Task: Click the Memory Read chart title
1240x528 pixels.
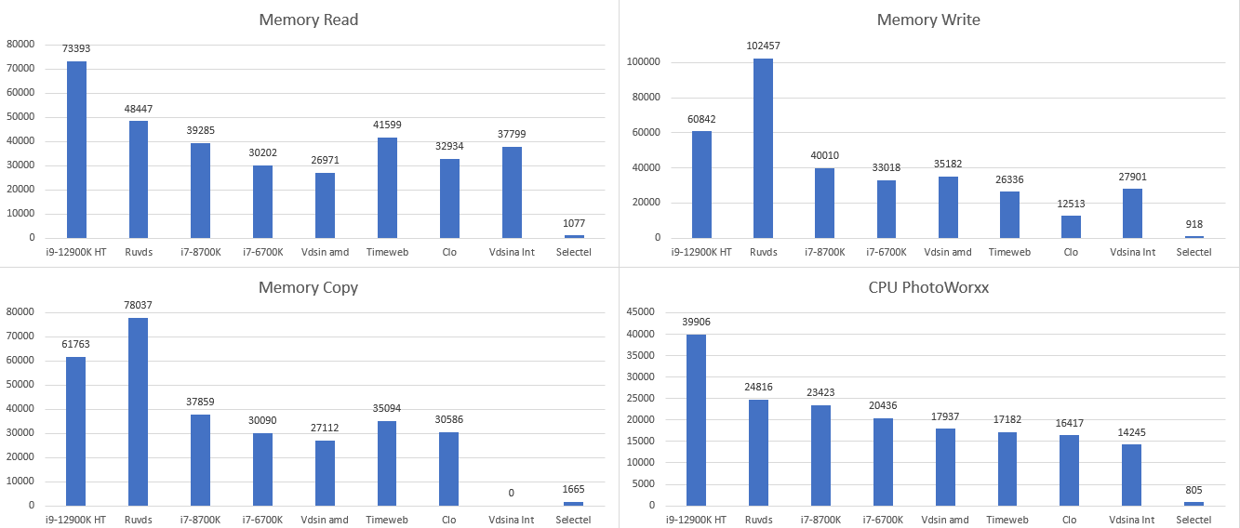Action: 309,20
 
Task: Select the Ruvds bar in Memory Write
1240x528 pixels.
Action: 763,148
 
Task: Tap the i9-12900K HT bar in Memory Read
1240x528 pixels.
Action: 76,150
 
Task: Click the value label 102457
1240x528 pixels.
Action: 763,46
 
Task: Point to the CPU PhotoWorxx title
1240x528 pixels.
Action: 927,287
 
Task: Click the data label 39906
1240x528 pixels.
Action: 696,322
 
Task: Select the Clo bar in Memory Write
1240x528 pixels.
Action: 1070,227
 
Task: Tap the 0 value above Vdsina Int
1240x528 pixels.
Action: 510,493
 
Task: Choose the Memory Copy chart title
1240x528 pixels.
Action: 308,287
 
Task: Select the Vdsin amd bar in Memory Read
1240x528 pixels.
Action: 325,205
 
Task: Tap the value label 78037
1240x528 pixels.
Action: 139,304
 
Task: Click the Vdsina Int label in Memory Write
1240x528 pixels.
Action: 1132,252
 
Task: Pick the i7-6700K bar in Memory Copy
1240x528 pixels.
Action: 262,469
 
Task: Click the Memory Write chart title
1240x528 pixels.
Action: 927,20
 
